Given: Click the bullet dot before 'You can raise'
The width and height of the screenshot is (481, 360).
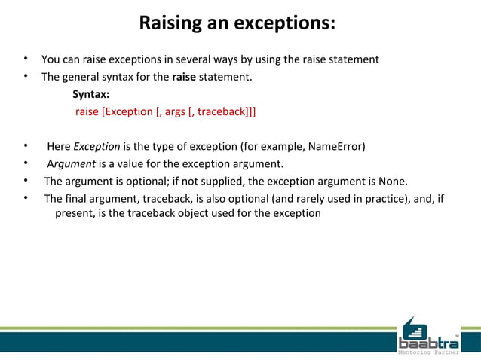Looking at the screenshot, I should tap(25, 59).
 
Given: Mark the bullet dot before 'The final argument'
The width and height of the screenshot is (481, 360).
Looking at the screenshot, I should tap(25, 199).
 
